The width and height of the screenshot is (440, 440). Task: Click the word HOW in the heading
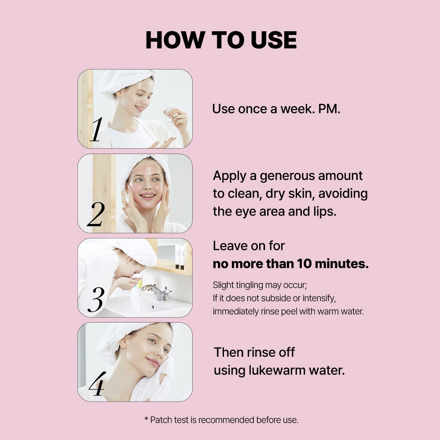[175, 40]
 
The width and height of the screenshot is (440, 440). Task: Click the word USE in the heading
[274, 40]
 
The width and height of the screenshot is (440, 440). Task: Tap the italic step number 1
[96, 129]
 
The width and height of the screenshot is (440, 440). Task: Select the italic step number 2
[96, 214]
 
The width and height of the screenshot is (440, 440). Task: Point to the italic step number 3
[96, 299]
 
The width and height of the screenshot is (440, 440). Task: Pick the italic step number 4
[97, 384]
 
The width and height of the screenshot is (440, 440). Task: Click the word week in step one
[298, 109]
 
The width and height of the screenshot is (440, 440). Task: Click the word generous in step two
[287, 176]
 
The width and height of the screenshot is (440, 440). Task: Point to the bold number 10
[304, 264]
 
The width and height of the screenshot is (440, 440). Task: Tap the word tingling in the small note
[249, 285]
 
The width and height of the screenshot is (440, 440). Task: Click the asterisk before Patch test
[146, 419]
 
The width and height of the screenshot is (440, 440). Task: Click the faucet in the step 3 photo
[157, 292]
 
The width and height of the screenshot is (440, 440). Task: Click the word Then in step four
[228, 352]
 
